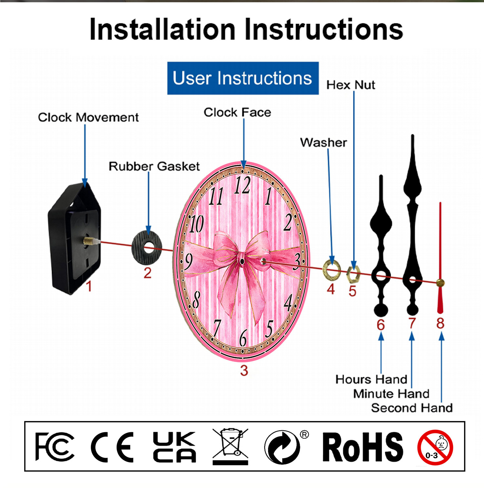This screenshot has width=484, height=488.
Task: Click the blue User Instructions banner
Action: (x=243, y=78)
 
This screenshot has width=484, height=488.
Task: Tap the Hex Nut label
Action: (x=351, y=85)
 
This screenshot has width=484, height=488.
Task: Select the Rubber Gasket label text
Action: (x=154, y=166)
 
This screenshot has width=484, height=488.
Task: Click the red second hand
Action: (x=440, y=258)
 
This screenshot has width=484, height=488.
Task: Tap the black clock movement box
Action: (x=75, y=239)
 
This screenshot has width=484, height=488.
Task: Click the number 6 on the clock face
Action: (x=243, y=337)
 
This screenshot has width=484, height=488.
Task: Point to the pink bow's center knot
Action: (x=242, y=259)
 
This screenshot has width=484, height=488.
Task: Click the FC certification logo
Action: (x=55, y=447)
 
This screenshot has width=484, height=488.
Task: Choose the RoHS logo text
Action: (x=363, y=447)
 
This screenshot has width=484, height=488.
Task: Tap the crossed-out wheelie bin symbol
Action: (x=230, y=446)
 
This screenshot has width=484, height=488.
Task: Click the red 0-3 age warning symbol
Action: (x=435, y=448)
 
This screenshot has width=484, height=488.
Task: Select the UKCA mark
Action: (x=175, y=447)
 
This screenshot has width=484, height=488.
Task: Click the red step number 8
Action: (x=440, y=323)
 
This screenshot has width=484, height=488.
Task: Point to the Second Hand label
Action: (x=412, y=408)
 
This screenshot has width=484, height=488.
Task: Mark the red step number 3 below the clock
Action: (x=244, y=371)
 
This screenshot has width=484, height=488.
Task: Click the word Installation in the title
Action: (x=162, y=30)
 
